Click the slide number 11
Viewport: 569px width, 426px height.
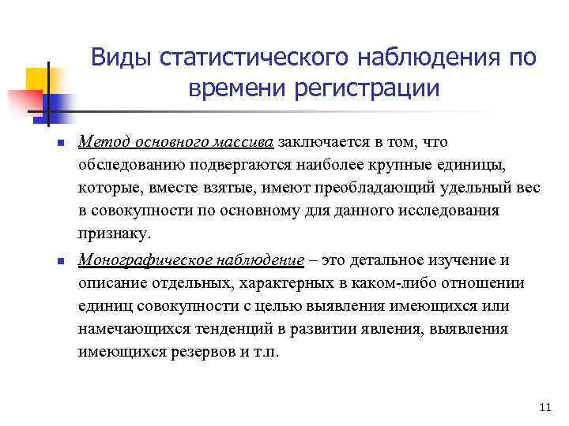pyautogui.click(x=542, y=407)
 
